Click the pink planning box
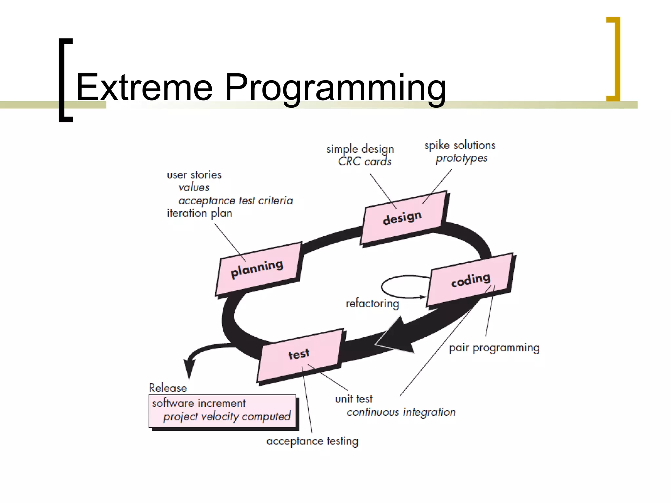pos(258,269)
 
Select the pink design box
pos(404,217)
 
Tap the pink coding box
pos(470,280)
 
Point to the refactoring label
pos(373,304)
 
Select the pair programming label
pos(494,348)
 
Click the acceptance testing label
pos(312,441)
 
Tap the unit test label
pos(354,399)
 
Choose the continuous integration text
pos(401,412)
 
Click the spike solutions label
pos(460,145)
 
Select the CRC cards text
pos(365,161)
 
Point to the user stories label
pos(194,175)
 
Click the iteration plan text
pos(199,213)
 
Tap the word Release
pos(168,388)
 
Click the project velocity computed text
pos(227,417)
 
